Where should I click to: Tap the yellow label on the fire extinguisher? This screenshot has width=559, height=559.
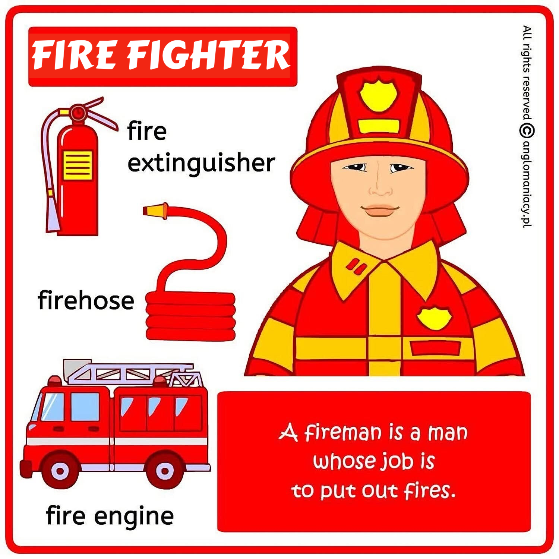[x=78, y=165]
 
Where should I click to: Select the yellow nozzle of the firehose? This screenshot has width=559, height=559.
[x=156, y=211]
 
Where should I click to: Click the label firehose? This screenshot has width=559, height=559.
[x=86, y=300]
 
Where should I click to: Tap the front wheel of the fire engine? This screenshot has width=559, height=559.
[x=60, y=471]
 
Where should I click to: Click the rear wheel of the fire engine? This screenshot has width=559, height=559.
[x=164, y=471]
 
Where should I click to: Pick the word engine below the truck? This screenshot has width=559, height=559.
[x=134, y=517]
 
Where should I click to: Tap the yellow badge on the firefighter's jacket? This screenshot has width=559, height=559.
[x=434, y=318]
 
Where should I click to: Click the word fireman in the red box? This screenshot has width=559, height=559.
[x=343, y=433]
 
